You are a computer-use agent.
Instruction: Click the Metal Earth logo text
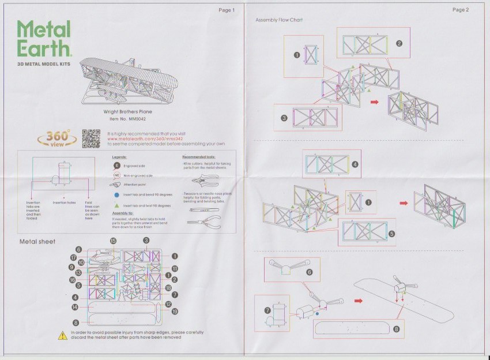pyautogui.click(x=44, y=39)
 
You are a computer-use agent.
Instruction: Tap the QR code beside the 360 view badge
pyautogui.click(x=91, y=137)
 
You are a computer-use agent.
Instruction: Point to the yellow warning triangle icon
pyautogui.click(x=63, y=335)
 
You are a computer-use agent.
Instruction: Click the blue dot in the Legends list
pyautogui.click(x=116, y=196)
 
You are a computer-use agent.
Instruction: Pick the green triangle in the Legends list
pyautogui.click(x=116, y=205)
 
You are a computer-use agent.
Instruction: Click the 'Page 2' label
pyautogui.click(x=460, y=10)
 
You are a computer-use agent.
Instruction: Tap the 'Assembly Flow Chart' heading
pyautogui.click(x=279, y=20)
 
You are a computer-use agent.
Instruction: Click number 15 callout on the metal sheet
pyautogui.click(x=113, y=241)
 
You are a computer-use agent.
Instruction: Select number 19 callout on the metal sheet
pyautogui.click(x=175, y=312)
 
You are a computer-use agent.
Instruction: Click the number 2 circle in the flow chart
pyautogui.click(x=398, y=43)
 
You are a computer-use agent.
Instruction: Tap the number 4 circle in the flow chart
pyautogui.click(x=355, y=164)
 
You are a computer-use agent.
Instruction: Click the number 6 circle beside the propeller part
pyautogui.click(x=309, y=272)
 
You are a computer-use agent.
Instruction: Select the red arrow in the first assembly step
pyautogui.click(x=374, y=102)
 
